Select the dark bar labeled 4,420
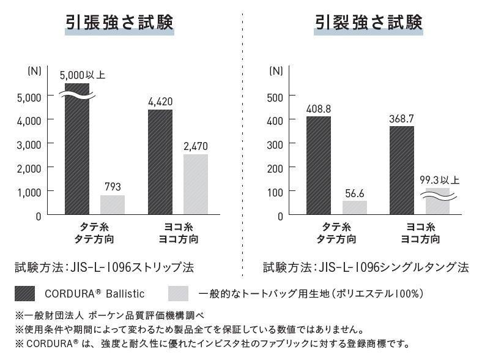[x=160, y=162]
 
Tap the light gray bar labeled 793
[x=113, y=204]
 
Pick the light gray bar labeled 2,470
[x=196, y=184]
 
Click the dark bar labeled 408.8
[x=319, y=165]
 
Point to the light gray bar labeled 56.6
[x=355, y=208]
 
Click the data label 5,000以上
[x=83, y=75]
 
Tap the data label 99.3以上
[x=439, y=181]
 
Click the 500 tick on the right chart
[x=277, y=97]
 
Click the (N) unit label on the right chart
[x=276, y=70]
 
